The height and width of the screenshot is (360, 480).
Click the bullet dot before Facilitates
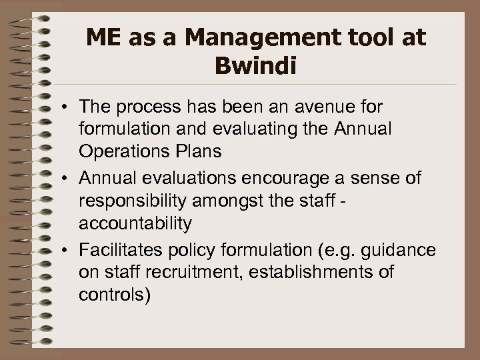tap(69, 251)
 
